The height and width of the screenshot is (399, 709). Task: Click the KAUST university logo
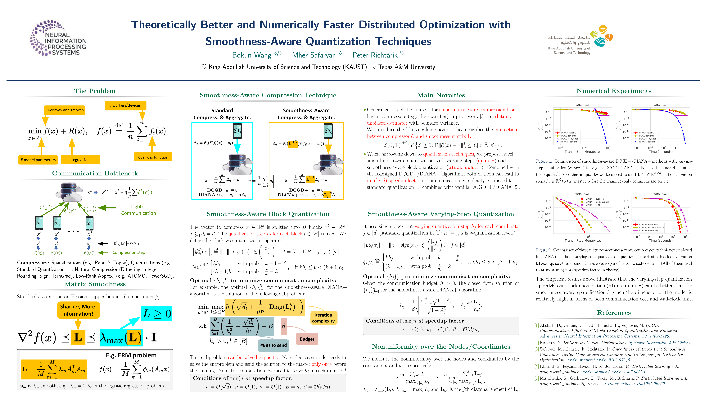(580, 40)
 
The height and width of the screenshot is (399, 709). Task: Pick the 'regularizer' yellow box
(80, 160)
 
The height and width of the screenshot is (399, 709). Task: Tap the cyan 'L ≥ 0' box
(157, 314)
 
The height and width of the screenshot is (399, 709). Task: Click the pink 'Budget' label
(307, 339)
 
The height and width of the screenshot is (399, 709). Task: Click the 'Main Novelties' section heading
(441, 95)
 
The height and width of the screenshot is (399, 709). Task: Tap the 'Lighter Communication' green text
(138, 210)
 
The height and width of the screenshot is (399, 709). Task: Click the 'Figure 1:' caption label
(543, 161)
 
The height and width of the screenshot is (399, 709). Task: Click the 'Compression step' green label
(129, 252)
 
